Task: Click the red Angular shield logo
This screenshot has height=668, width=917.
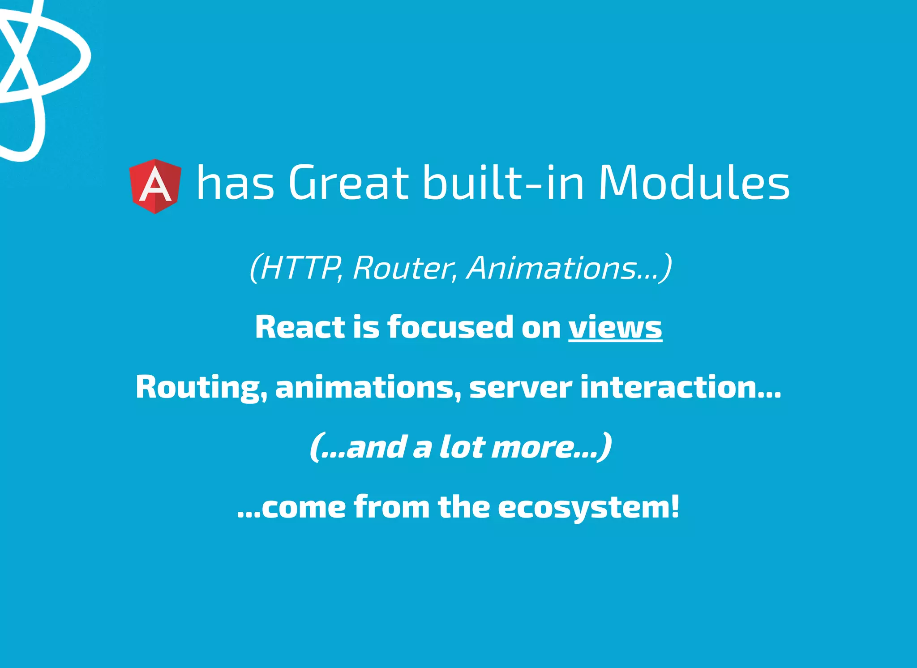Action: [155, 186]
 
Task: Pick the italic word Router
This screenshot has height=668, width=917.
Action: [403, 269]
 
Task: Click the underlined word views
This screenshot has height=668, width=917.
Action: [615, 327]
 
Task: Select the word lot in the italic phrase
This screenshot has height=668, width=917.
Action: [462, 446]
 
